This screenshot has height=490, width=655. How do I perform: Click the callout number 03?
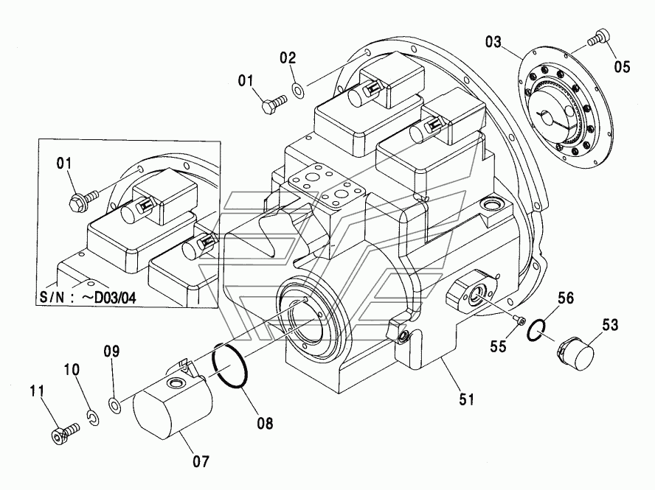point(493,42)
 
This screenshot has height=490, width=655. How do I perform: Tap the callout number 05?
point(622,67)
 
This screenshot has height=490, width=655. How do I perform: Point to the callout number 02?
point(288,58)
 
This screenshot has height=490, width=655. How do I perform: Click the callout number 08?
point(265,423)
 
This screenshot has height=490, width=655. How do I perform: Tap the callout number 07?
point(201,461)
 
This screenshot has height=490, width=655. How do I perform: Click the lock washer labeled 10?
point(94,419)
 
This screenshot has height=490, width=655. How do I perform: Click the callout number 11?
point(37,391)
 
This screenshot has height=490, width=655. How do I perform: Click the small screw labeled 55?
point(520,320)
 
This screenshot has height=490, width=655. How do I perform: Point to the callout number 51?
point(467,399)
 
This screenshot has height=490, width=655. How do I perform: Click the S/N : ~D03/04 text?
point(88,298)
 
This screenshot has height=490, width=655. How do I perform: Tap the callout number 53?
point(610,325)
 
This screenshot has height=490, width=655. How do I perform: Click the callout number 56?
point(566,298)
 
